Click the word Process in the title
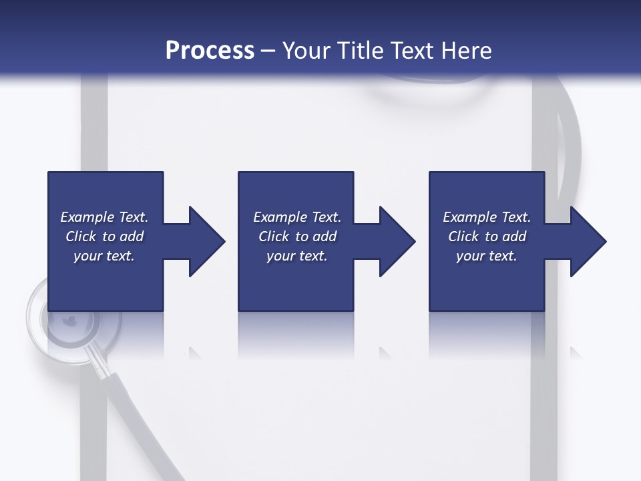(x=210, y=51)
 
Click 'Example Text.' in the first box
(x=104, y=217)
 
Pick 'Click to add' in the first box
(x=105, y=236)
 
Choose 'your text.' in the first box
(x=104, y=256)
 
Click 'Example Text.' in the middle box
(x=297, y=217)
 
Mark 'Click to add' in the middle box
(x=298, y=236)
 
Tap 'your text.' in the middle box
(x=297, y=256)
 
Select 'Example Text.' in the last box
(x=487, y=217)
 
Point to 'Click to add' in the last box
(x=487, y=236)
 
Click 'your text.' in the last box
(x=487, y=256)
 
